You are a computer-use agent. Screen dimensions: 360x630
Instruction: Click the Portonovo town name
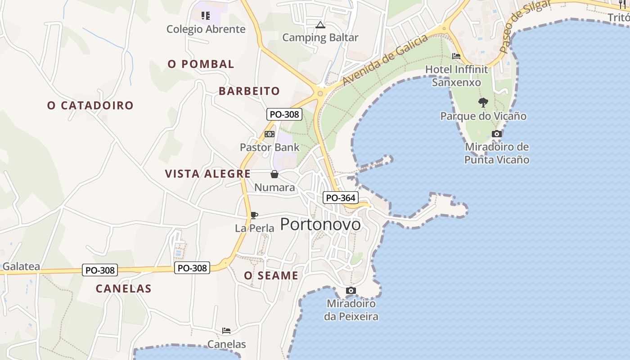[x=320, y=224]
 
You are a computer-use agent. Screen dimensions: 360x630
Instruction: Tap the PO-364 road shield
[x=340, y=198]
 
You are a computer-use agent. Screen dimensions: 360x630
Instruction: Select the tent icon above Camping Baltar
[x=320, y=25]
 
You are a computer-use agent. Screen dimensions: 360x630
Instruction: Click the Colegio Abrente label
[x=206, y=29]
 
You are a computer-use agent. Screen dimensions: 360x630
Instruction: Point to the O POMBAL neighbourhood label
[x=201, y=64]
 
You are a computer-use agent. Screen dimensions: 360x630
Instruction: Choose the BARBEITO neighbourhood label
[x=249, y=91]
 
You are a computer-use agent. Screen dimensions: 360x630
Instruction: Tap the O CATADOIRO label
[x=90, y=105]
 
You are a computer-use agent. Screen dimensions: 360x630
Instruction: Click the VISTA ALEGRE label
[x=208, y=174]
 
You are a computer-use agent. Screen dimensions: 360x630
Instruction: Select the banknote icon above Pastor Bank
[x=270, y=134]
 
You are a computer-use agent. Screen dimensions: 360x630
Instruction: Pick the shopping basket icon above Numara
[x=274, y=174]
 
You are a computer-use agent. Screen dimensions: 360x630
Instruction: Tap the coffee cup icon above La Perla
[x=254, y=215]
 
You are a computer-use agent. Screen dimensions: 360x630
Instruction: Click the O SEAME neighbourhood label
[x=271, y=275]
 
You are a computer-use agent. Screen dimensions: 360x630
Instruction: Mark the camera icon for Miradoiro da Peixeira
[x=351, y=291]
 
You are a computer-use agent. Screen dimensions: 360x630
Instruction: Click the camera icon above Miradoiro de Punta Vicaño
[x=497, y=134]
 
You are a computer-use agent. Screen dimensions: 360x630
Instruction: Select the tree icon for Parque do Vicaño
[x=483, y=103]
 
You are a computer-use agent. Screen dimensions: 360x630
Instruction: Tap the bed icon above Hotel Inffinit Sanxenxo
[x=456, y=56]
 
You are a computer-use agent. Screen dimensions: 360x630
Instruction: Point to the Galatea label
[x=21, y=266]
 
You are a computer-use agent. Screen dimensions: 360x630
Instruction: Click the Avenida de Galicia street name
[x=385, y=60]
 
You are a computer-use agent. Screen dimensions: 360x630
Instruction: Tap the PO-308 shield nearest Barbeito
[x=284, y=114]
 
